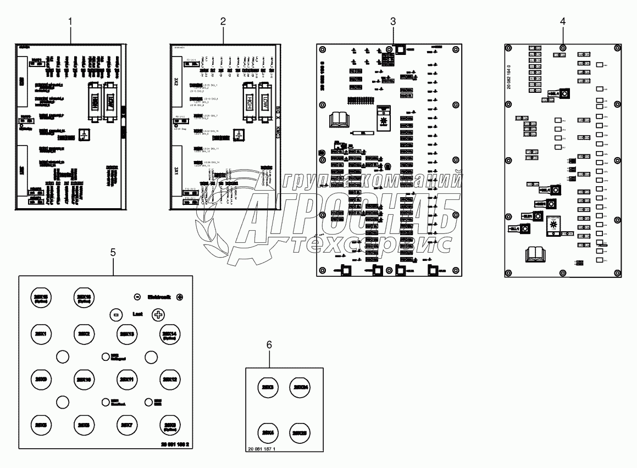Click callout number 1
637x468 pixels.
point(70,21)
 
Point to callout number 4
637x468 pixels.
point(562,21)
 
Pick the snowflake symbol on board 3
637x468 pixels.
point(385,119)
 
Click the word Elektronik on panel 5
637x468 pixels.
point(159,297)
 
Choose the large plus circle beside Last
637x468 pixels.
point(158,315)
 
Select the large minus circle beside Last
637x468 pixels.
point(115,315)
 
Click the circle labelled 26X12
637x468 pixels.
point(170,379)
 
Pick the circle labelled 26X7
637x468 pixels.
point(126,425)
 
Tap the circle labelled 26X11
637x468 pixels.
point(126,379)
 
